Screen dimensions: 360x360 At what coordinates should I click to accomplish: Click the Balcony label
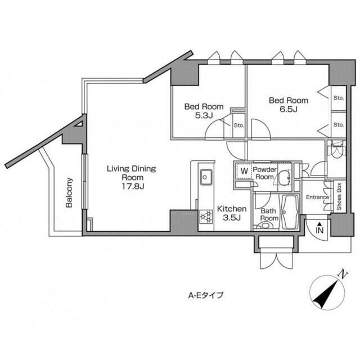tap(69, 192)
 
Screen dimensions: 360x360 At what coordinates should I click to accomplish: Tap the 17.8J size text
tap(133, 186)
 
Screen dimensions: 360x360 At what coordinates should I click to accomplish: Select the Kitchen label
tap(232, 209)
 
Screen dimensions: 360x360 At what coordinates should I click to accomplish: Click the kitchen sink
tap(206, 177)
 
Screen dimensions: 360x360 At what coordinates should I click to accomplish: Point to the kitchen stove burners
tap(206, 217)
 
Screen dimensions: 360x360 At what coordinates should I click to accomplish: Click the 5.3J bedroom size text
tap(204, 115)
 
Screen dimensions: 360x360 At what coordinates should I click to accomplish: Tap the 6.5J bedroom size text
tap(289, 109)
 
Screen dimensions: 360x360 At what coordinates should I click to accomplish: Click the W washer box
tap(244, 171)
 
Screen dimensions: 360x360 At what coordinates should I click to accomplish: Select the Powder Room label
tap(264, 173)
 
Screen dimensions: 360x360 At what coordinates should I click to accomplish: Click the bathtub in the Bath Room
tap(290, 211)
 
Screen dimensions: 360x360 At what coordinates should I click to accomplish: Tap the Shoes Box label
tap(339, 196)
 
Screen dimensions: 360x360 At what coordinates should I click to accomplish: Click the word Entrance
tap(317, 197)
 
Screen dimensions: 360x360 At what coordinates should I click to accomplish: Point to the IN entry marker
tap(319, 228)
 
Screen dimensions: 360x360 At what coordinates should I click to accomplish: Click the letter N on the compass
tap(343, 274)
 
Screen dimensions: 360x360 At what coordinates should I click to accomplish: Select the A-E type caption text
tap(206, 295)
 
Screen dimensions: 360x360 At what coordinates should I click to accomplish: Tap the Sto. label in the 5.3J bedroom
tap(238, 125)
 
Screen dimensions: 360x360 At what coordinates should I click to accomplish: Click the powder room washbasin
tap(284, 178)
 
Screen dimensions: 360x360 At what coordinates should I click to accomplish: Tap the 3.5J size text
tap(232, 218)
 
